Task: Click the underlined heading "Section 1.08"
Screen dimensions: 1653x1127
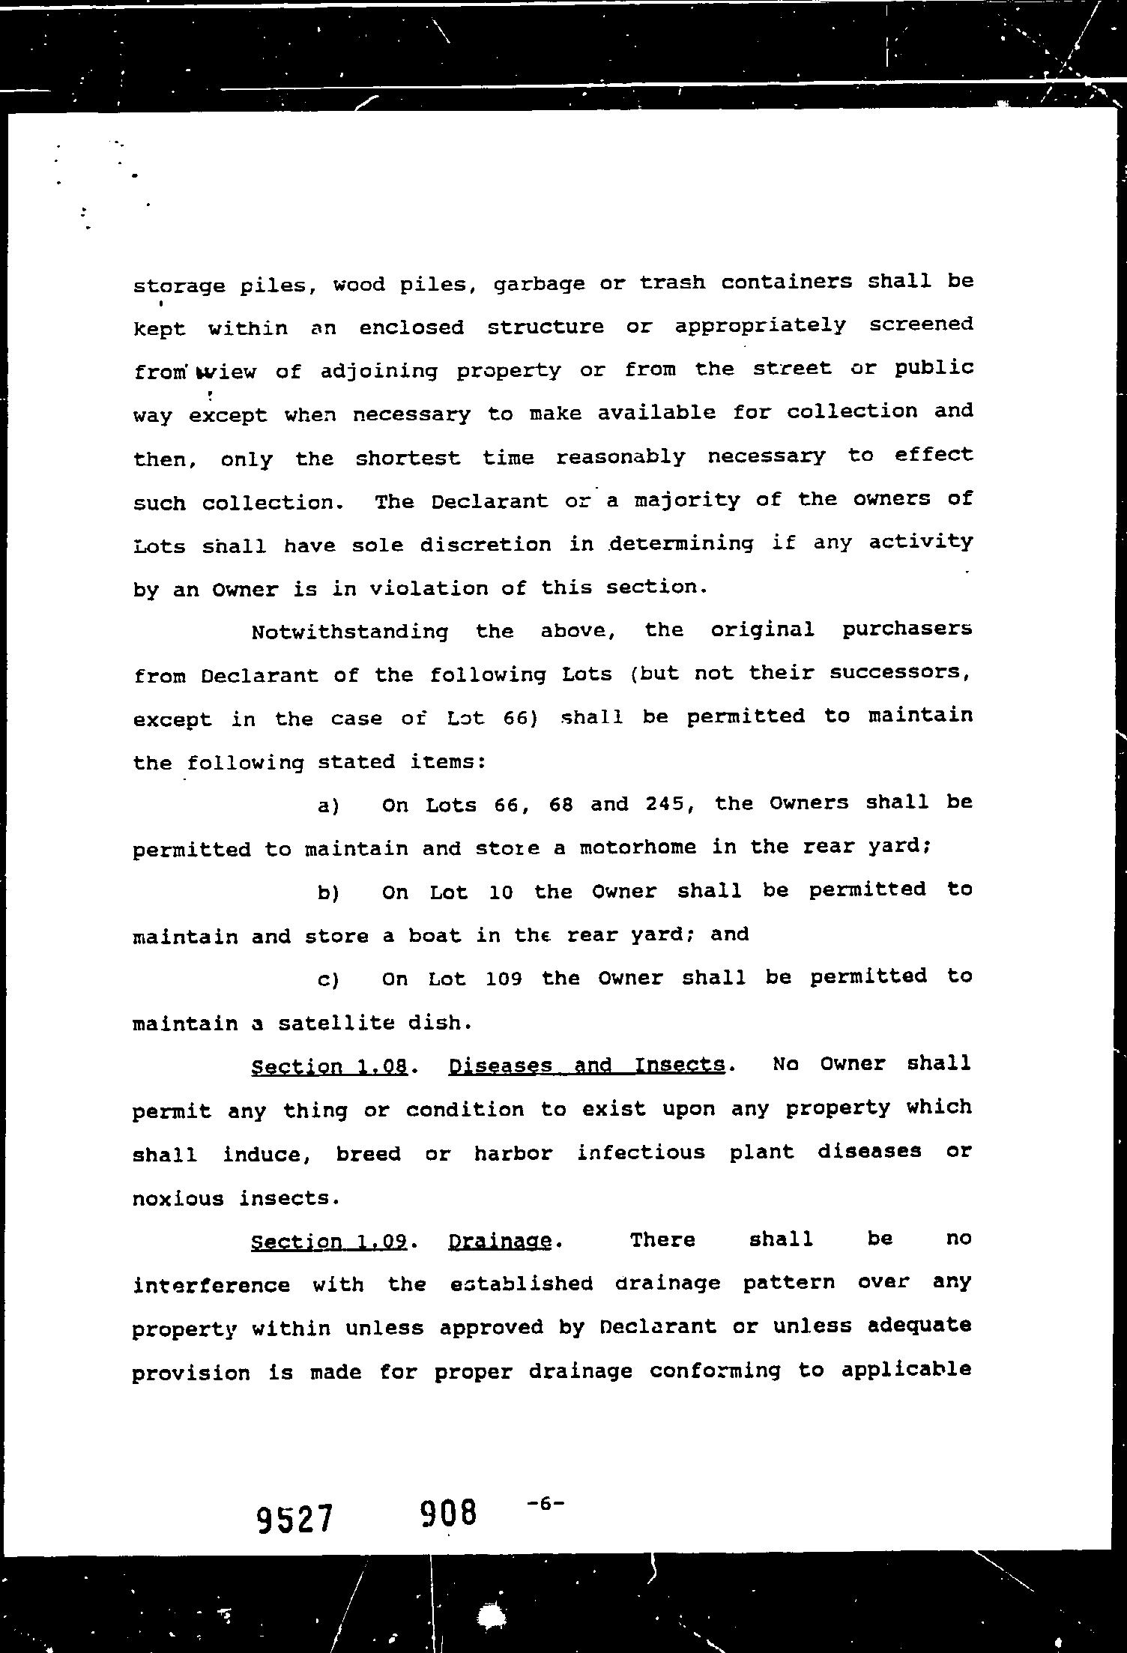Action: click(x=329, y=1066)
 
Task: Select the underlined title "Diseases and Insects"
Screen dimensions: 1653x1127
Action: click(x=586, y=1065)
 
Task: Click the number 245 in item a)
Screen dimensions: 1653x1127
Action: click(x=663, y=804)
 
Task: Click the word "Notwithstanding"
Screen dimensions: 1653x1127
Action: click(x=349, y=632)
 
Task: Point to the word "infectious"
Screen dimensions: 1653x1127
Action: click(x=641, y=1152)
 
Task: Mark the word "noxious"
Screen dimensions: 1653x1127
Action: click(x=178, y=1198)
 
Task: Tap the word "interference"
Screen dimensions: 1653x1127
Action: click(x=211, y=1286)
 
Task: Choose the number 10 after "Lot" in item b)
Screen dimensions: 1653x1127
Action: click(x=501, y=892)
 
